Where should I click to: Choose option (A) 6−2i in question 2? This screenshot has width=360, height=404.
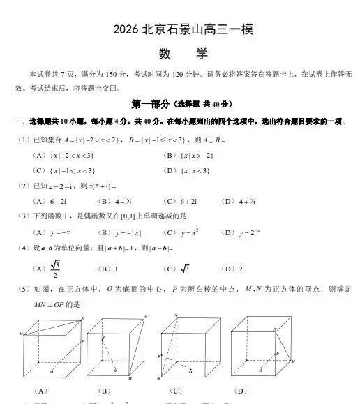pyautogui.click(x=57, y=201)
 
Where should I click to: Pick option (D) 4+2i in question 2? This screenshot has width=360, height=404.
pyautogui.click(x=247, y=201)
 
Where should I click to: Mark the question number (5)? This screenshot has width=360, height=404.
pyautogui.click(x=22, y=289)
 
